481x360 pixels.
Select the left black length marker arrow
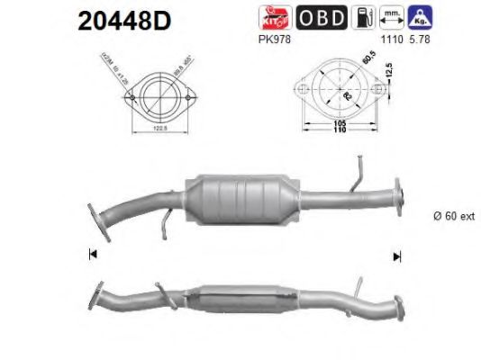[94, 256]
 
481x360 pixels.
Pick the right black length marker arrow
[396, 256]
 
